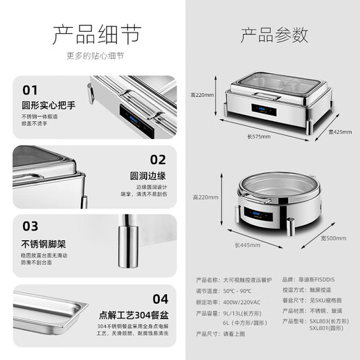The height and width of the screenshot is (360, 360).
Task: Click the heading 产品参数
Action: (x=274, y=34)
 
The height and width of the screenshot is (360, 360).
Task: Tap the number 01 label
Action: (x=30, y=90)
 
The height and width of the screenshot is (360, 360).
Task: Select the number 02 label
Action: (x=159, y=159)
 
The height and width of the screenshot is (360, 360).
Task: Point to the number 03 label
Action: (x=30, y=226)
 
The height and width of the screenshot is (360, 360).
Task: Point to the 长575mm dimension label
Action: (x=257, y=136)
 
